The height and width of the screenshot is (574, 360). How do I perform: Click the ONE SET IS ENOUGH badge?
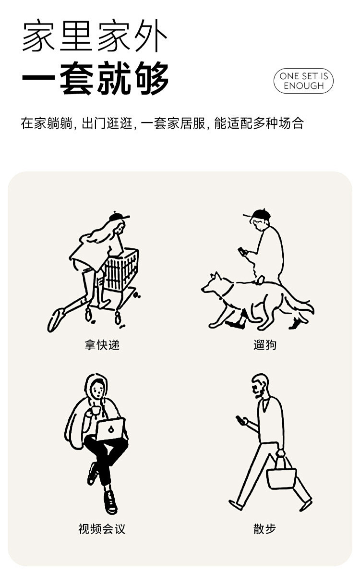[x=303, y=81]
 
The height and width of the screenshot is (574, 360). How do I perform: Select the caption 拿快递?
[x=102, y=345]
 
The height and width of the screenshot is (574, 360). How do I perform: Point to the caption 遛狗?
[x=265, y=345]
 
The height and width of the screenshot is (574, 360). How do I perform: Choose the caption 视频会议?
[x=102, y=528]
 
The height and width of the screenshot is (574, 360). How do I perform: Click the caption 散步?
[x=264, y=528]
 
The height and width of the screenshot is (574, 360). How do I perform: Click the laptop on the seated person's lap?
[x=111, y=429]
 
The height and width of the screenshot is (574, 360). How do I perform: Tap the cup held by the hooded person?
[x=96, y=410]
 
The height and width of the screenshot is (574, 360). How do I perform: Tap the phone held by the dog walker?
[x=242, y=252]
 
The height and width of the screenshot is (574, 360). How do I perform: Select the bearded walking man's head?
[x=260, y=386]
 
